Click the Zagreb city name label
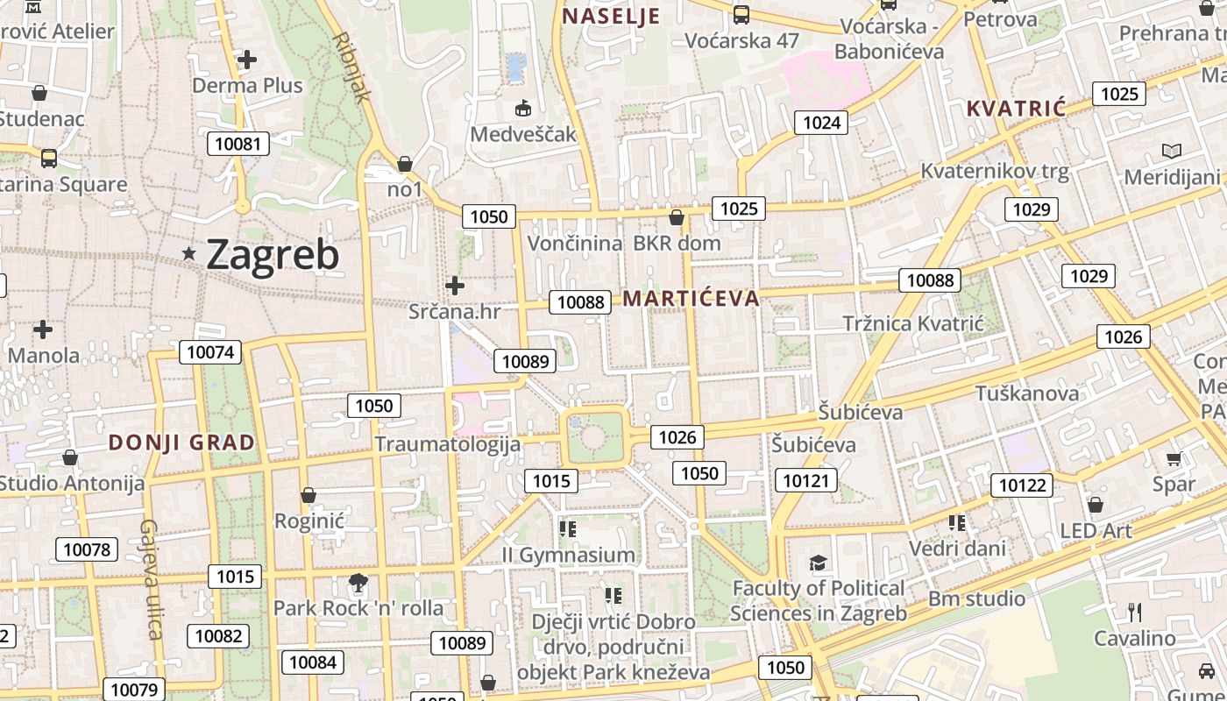coord(273,255)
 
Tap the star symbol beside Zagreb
coord(189,253)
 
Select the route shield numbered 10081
coord(238,143)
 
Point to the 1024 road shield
coord(821,123)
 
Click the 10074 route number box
coord(211,352)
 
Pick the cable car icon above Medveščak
coord(523,108)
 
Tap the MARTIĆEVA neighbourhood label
coord(691,299)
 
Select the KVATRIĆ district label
coord(1016,110)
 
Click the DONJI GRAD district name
coord(181,443)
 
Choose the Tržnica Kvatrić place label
coord(913,323)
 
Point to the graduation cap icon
coord(818,563)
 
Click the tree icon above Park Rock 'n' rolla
coord(358,582)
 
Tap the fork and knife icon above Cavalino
coord(1135,611)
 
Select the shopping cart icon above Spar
coord(1174,458)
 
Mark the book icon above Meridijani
coord(1172,151)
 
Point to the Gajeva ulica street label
coord(151,579)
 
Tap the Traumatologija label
coord(448,444)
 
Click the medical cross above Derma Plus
coord(247,60)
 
